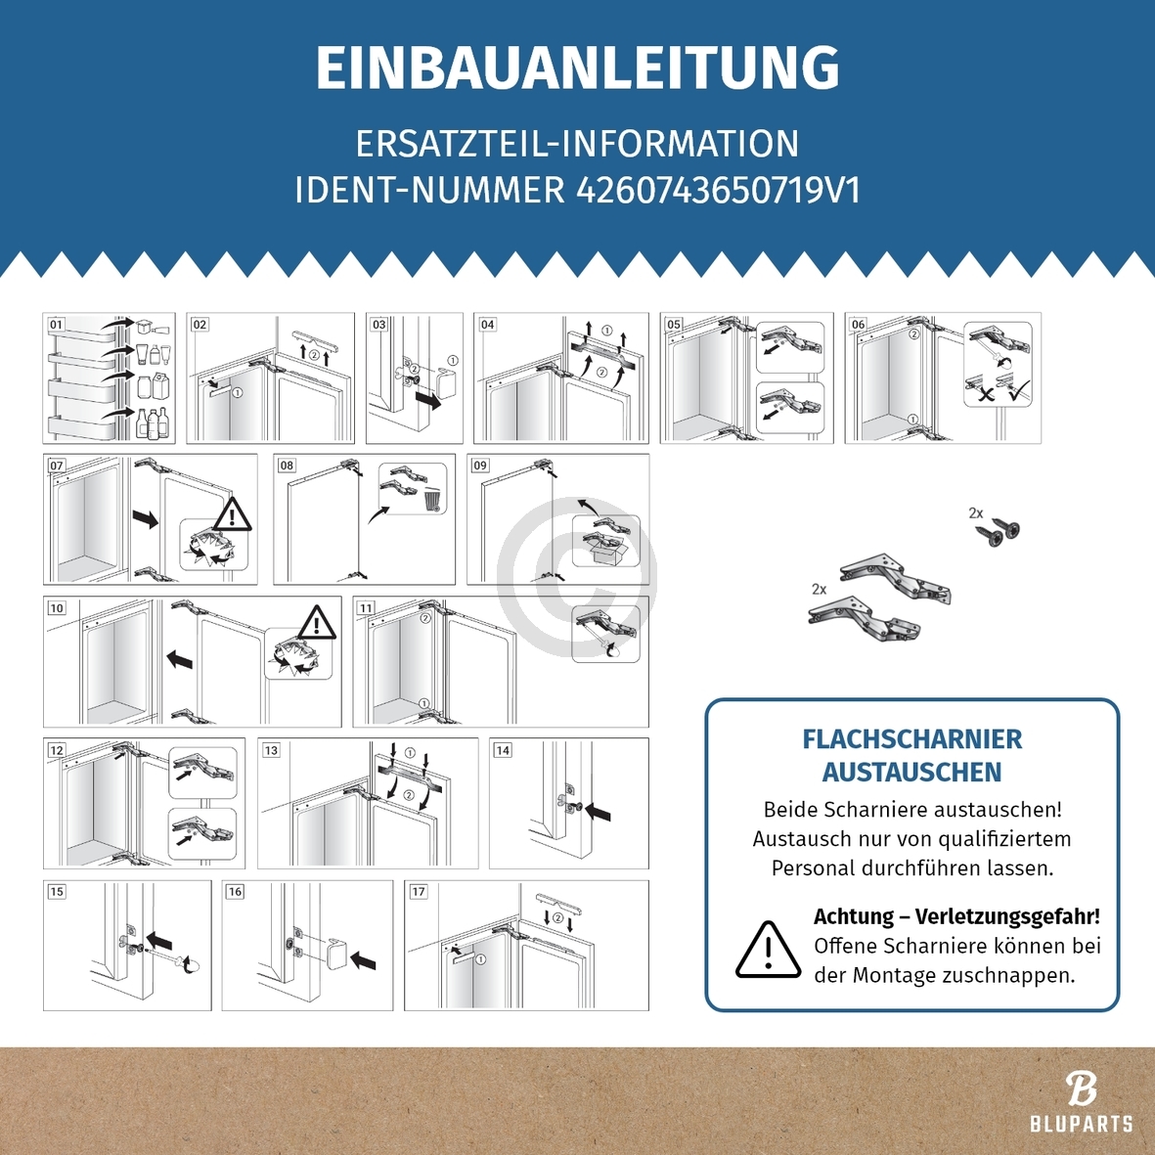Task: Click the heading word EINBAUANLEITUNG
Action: pos(577,68)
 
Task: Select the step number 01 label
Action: pos(56,325)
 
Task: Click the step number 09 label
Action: pos(480,466)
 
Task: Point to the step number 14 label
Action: pos(502,750)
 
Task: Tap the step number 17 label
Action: pos(418,891)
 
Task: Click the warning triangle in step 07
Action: pos(232,514)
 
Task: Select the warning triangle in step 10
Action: pos(316,623)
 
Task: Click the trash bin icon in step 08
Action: pos(432,500)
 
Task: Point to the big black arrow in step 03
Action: pos(427,399)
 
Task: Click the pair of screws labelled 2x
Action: pos(1000,532)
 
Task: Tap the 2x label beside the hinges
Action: pos(819,589)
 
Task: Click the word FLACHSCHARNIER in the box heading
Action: pos(911,739)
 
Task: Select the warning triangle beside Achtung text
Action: pos(768,950)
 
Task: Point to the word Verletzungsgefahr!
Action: pos(1007,916)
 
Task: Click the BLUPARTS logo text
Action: pos(1081,1125)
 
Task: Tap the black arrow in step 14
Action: pos(598,811)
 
